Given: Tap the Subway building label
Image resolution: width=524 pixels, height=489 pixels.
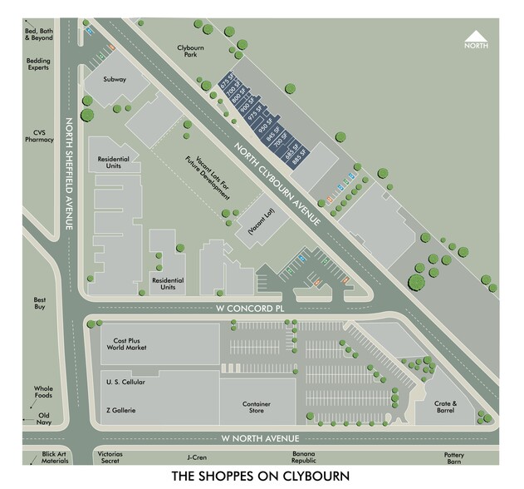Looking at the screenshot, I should [114, 80].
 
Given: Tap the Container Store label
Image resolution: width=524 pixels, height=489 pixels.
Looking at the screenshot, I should [257, 407].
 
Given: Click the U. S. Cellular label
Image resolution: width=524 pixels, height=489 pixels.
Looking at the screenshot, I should [125, 382].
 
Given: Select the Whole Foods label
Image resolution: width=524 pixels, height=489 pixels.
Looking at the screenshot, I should [43, 393].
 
